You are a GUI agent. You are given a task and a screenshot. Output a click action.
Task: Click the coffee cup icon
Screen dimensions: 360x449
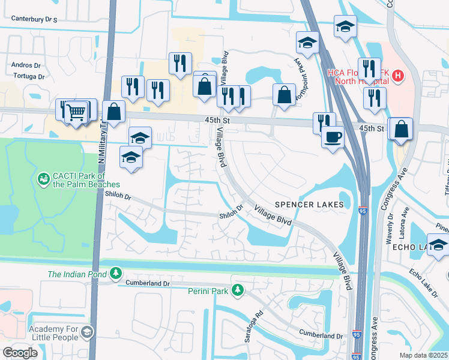(332, 136)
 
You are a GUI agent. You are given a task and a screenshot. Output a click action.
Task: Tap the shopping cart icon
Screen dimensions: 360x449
(76, 112)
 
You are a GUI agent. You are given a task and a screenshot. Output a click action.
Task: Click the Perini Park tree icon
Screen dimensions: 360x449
(238, 290)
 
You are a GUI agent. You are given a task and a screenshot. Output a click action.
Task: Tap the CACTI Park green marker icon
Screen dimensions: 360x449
(43, 178)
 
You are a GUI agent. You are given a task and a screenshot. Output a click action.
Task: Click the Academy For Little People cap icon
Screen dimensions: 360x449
(87, 332)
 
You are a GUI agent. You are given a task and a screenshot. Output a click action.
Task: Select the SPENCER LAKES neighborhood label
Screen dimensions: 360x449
(309, 205)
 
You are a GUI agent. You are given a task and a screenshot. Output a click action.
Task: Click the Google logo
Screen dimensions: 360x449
(20, 353)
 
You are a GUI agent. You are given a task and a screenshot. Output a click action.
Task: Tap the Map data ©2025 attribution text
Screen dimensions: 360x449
(423, 355)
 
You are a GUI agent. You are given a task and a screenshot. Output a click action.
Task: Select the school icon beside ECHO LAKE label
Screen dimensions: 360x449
(439, 245)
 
